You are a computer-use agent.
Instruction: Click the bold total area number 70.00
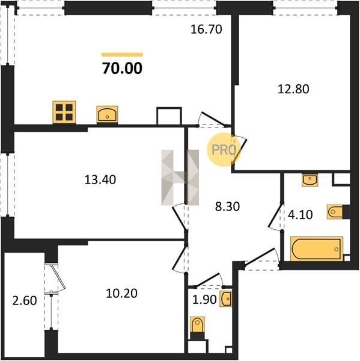pyautogui.click(x=123, y=69)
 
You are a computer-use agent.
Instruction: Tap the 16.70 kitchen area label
pyautogui.click(x=206, y=29)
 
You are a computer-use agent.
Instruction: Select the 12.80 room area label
pyautogui.click(x=293, y=89)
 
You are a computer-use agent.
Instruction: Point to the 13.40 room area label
pyautogui.click(x=100, y=180)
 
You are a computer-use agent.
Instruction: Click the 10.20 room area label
pyautogui.click(x=121, y=294)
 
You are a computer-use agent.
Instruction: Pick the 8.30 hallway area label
pyautogui.click(x=228, y=206)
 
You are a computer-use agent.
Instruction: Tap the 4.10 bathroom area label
pyautogui.click(x=300, y=215)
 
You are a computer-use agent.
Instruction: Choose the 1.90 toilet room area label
pyautogui.click(x=204, y=300)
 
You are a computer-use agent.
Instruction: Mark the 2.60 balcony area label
pyautogui.click(x=25, y=301)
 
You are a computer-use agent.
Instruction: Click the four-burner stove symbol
pyautogui.click(x=64, y=112)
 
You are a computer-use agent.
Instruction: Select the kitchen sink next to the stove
pyautogui.click(x=107, y=114)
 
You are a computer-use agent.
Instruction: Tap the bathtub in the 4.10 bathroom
pyautogui.click(x=317, y=249)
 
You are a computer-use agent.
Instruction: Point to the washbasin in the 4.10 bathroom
pyautogui.click(x=310, y=180)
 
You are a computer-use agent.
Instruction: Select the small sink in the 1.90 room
pyautogui.click(x=225, y=298)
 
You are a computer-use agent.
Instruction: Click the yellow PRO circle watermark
pyautogui.click(x=223, y=150)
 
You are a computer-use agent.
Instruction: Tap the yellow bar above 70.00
pyautogui.click(x=122, y=55)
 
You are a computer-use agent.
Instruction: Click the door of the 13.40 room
pyautogui.click(x=180, y=217)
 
